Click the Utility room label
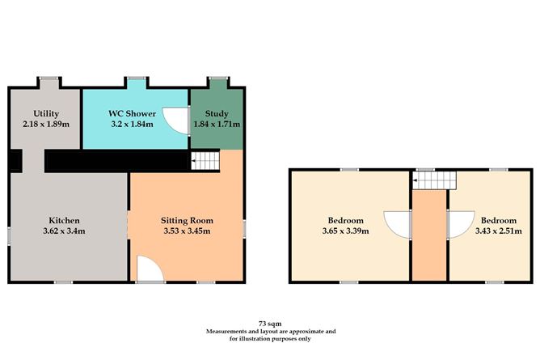46,114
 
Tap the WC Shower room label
133,113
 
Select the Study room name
217,114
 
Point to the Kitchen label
64,220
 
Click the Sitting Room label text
187,221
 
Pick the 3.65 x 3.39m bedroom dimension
345,231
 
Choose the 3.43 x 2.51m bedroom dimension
498,231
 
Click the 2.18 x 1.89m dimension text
46,124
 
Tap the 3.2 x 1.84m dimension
133,124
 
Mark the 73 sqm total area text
270,324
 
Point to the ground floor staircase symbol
205,161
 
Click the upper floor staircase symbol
435,180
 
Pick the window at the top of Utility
49,78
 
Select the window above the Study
218,78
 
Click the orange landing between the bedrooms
429,235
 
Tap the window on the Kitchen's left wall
10,235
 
